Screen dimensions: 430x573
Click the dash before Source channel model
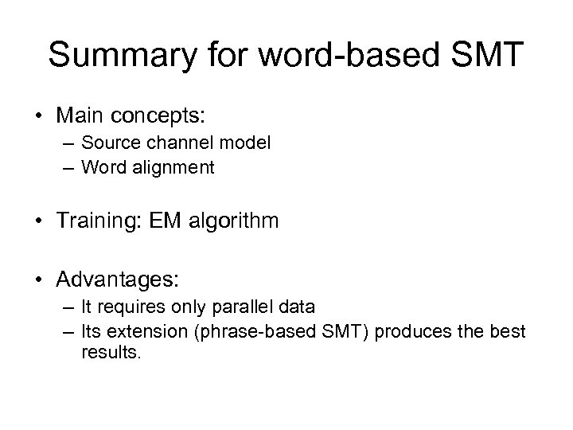coord(70,144)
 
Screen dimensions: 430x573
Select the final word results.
coord(111,351)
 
